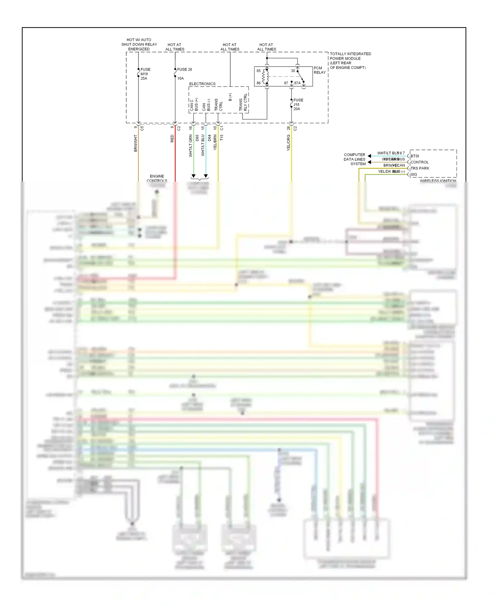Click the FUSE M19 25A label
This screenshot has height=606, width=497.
click(145, 74)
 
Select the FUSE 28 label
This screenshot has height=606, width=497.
click(184, 69)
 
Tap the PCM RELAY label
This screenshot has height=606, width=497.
click(319, 70)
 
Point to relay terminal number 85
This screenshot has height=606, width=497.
click(258, 71)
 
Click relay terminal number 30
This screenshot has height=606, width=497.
click(293, 71)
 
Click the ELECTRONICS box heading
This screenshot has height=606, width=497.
click(202, 84)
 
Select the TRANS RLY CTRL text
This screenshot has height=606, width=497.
click(243, 102)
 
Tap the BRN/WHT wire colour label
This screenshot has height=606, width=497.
click(136, 143)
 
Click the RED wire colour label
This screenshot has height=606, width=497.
click(172, 139)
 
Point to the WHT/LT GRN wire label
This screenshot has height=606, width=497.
click(191, 146)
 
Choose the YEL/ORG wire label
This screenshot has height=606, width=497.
click(288, 143)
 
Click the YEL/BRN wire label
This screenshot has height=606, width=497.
click(215, 142)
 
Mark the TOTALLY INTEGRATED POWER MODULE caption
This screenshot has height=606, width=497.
click(350, 60)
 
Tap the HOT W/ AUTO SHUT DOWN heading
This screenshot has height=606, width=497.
click(139, 44)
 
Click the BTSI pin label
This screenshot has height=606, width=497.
click(414, 156)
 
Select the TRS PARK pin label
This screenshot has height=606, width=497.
click(419, 168)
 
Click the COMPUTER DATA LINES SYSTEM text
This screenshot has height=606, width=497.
click(354, 159)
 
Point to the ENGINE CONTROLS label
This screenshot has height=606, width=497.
click(157, 178)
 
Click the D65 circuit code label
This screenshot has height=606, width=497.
click(197, 138)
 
